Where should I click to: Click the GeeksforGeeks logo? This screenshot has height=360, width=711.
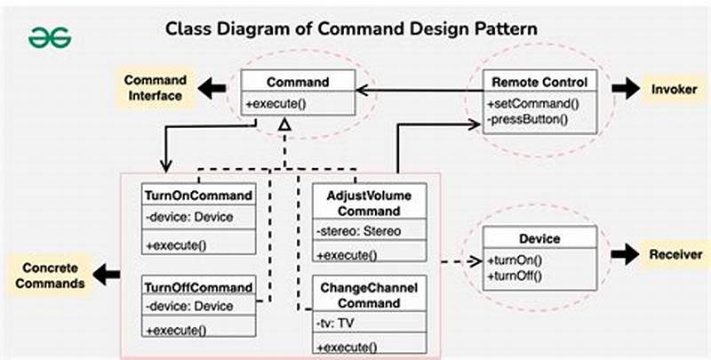(x=49, y=37)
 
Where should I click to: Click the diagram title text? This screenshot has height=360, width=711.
(x=352, y=28)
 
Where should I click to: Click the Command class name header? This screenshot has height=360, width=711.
(x=299, y=82)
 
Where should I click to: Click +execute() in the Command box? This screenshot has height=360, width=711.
(x=275, y=104)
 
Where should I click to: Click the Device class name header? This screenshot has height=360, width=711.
(x=539, y=239)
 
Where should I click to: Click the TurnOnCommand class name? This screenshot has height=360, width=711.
(x=197, y=196)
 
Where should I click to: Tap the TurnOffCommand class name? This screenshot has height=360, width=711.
(x=198, y=288)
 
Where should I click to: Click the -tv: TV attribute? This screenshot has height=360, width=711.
(x=336, y=324)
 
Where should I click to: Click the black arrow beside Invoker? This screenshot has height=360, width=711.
(x=627, y=89)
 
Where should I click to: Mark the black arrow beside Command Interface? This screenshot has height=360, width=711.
(x=213, y=89)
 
